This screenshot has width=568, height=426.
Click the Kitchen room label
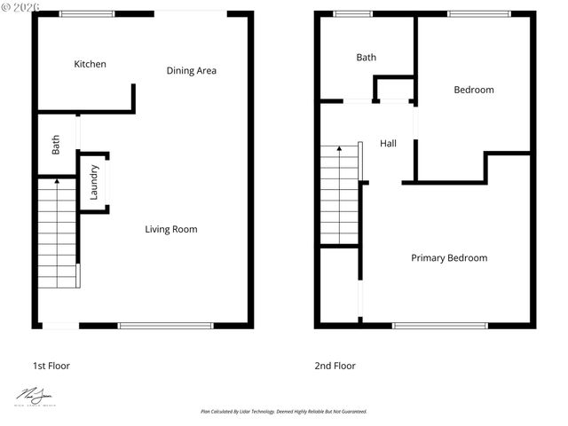tap(90, 64)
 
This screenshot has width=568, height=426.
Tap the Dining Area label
tap(192, 71)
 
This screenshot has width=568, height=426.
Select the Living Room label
tap(171, 229)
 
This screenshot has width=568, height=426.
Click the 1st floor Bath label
tap(56, 144)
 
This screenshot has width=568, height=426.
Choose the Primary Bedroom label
tap(449, 258)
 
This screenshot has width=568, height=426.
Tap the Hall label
tap(388, 144)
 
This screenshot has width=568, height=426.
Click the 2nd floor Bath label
tap(366, 58)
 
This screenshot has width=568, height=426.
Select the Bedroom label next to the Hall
tap(474, 90)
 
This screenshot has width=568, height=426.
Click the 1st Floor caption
tap(51, 366)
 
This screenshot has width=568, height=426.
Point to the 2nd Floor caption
tap(335, 366)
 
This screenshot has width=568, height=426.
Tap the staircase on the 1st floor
tap(58, 233)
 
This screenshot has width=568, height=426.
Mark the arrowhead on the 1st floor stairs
tap(58, 181)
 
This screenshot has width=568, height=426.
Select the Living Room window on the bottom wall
tap(166, 326)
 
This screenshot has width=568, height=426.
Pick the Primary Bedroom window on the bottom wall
tap(440, 326)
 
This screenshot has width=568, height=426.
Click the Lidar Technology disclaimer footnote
tap(284, 412)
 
